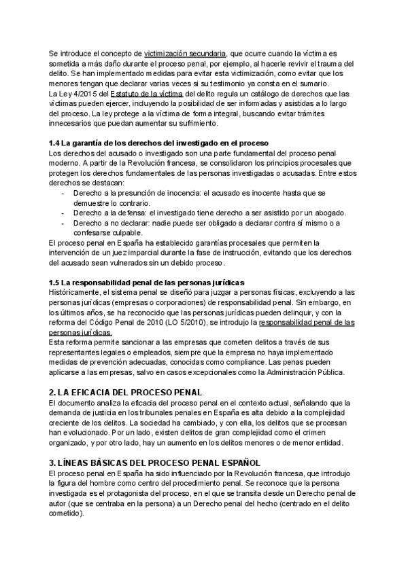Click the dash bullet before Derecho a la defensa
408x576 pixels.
(63, 213)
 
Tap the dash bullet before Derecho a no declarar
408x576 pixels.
(63, 223)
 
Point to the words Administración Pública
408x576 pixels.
(310, 373)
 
